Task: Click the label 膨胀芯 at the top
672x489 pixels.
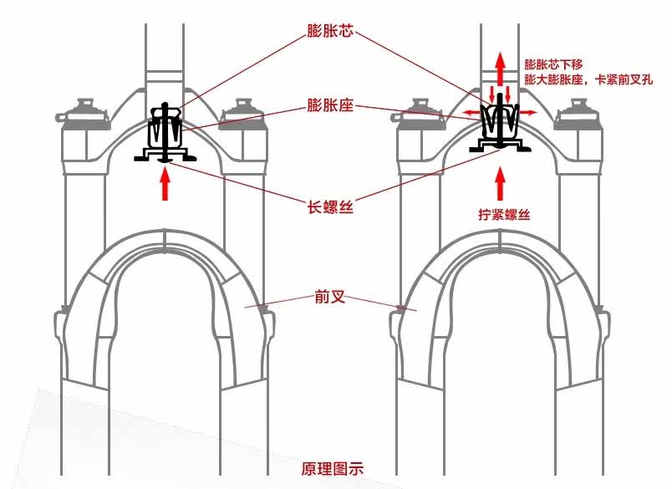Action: pos(330,31)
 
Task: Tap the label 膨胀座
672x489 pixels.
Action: pos(330,105)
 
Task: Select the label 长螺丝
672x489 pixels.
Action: pos(330,207)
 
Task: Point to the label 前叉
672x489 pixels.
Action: pos(330,297)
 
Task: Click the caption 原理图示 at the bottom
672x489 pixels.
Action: pos(332,468)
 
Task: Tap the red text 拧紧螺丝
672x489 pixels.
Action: pos(505,214)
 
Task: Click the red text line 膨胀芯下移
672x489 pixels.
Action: pos(553,64)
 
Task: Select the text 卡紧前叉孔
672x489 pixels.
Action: pos(624,79)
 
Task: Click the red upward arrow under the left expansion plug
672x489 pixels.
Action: pos(165,184)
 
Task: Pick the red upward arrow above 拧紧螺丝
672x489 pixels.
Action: pos(500,184)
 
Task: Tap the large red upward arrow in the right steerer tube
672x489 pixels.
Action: pos(500,69)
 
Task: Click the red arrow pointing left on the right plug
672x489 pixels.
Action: pos(473,113)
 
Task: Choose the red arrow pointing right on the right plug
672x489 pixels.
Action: pos(527,113)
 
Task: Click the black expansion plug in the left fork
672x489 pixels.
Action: pos(165,133)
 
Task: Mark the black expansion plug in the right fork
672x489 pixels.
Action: pos(500,125)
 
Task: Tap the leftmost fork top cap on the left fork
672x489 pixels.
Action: pos(84,115)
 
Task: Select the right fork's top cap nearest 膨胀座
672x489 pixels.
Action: pos(419,115)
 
